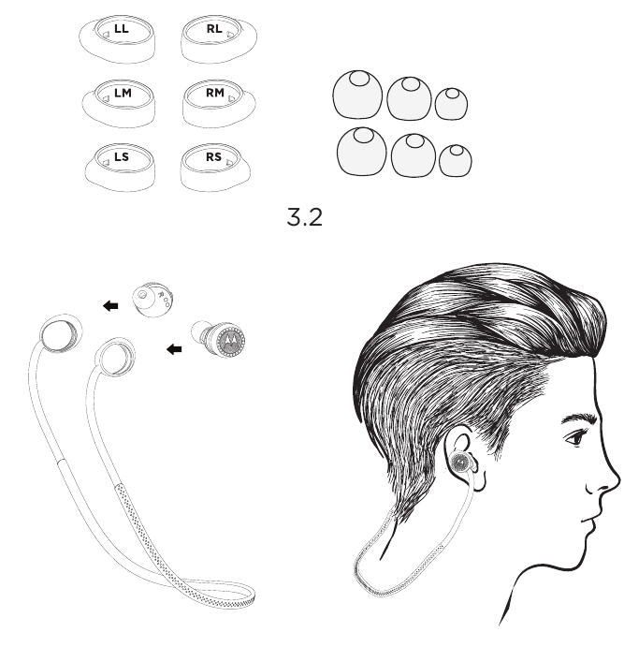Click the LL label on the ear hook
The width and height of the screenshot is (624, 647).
pos(122,29)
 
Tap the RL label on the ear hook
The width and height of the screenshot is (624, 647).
pos(214,29)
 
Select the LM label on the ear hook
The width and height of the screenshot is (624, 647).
pos(123,94)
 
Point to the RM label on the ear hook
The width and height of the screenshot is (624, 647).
pos(215,93)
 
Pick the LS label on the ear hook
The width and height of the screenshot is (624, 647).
pos(122,156)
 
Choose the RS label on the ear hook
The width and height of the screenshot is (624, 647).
pos(214,156)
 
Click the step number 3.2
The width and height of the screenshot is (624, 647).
pos(305,217)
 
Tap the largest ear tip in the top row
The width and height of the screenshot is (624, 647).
pos(357,94)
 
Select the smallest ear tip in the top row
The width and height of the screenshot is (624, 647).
pos(451,103)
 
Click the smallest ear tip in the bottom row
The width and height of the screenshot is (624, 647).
pos(456,160)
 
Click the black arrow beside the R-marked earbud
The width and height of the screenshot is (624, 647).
pos(110,306)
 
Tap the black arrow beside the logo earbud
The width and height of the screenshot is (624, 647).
pos(174,349)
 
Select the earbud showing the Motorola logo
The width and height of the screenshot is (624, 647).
pos(218,338)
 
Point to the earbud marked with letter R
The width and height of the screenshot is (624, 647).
pos(152,300)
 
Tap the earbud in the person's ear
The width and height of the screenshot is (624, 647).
pos(461,462)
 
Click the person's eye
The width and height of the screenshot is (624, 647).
pos(575,437)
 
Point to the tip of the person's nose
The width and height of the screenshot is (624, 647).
pos(619,479)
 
